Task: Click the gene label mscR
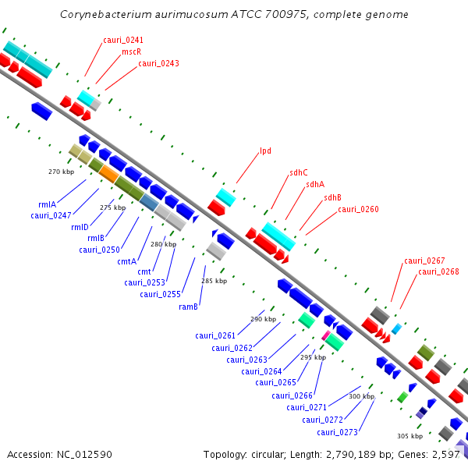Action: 131,51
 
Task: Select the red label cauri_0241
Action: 122,40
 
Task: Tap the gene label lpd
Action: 265,151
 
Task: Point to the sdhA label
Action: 315,185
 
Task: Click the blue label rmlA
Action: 47,204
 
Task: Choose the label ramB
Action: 189,307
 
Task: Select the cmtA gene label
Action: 127,261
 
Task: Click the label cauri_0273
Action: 337,432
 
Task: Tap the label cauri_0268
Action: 438,271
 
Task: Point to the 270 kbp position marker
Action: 61,172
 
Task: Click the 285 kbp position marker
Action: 214,281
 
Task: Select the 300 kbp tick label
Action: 361,396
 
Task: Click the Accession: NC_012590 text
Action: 59,454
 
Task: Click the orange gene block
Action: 109,175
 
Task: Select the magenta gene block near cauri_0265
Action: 326,335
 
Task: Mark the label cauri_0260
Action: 358,209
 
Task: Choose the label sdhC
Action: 299,172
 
